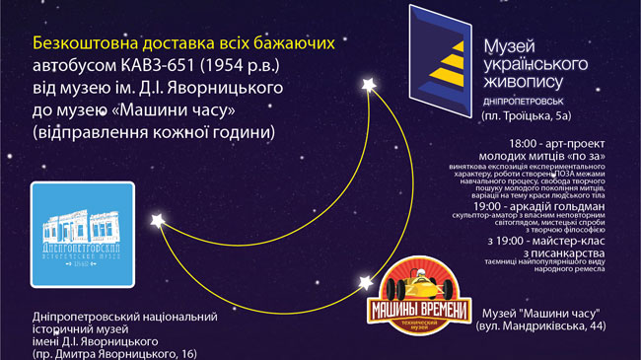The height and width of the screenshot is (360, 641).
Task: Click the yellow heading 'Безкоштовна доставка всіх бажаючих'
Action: (184, 44)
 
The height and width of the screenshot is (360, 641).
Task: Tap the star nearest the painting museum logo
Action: (370, 86)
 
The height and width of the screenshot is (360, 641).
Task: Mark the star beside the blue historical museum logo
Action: (155, 216)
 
